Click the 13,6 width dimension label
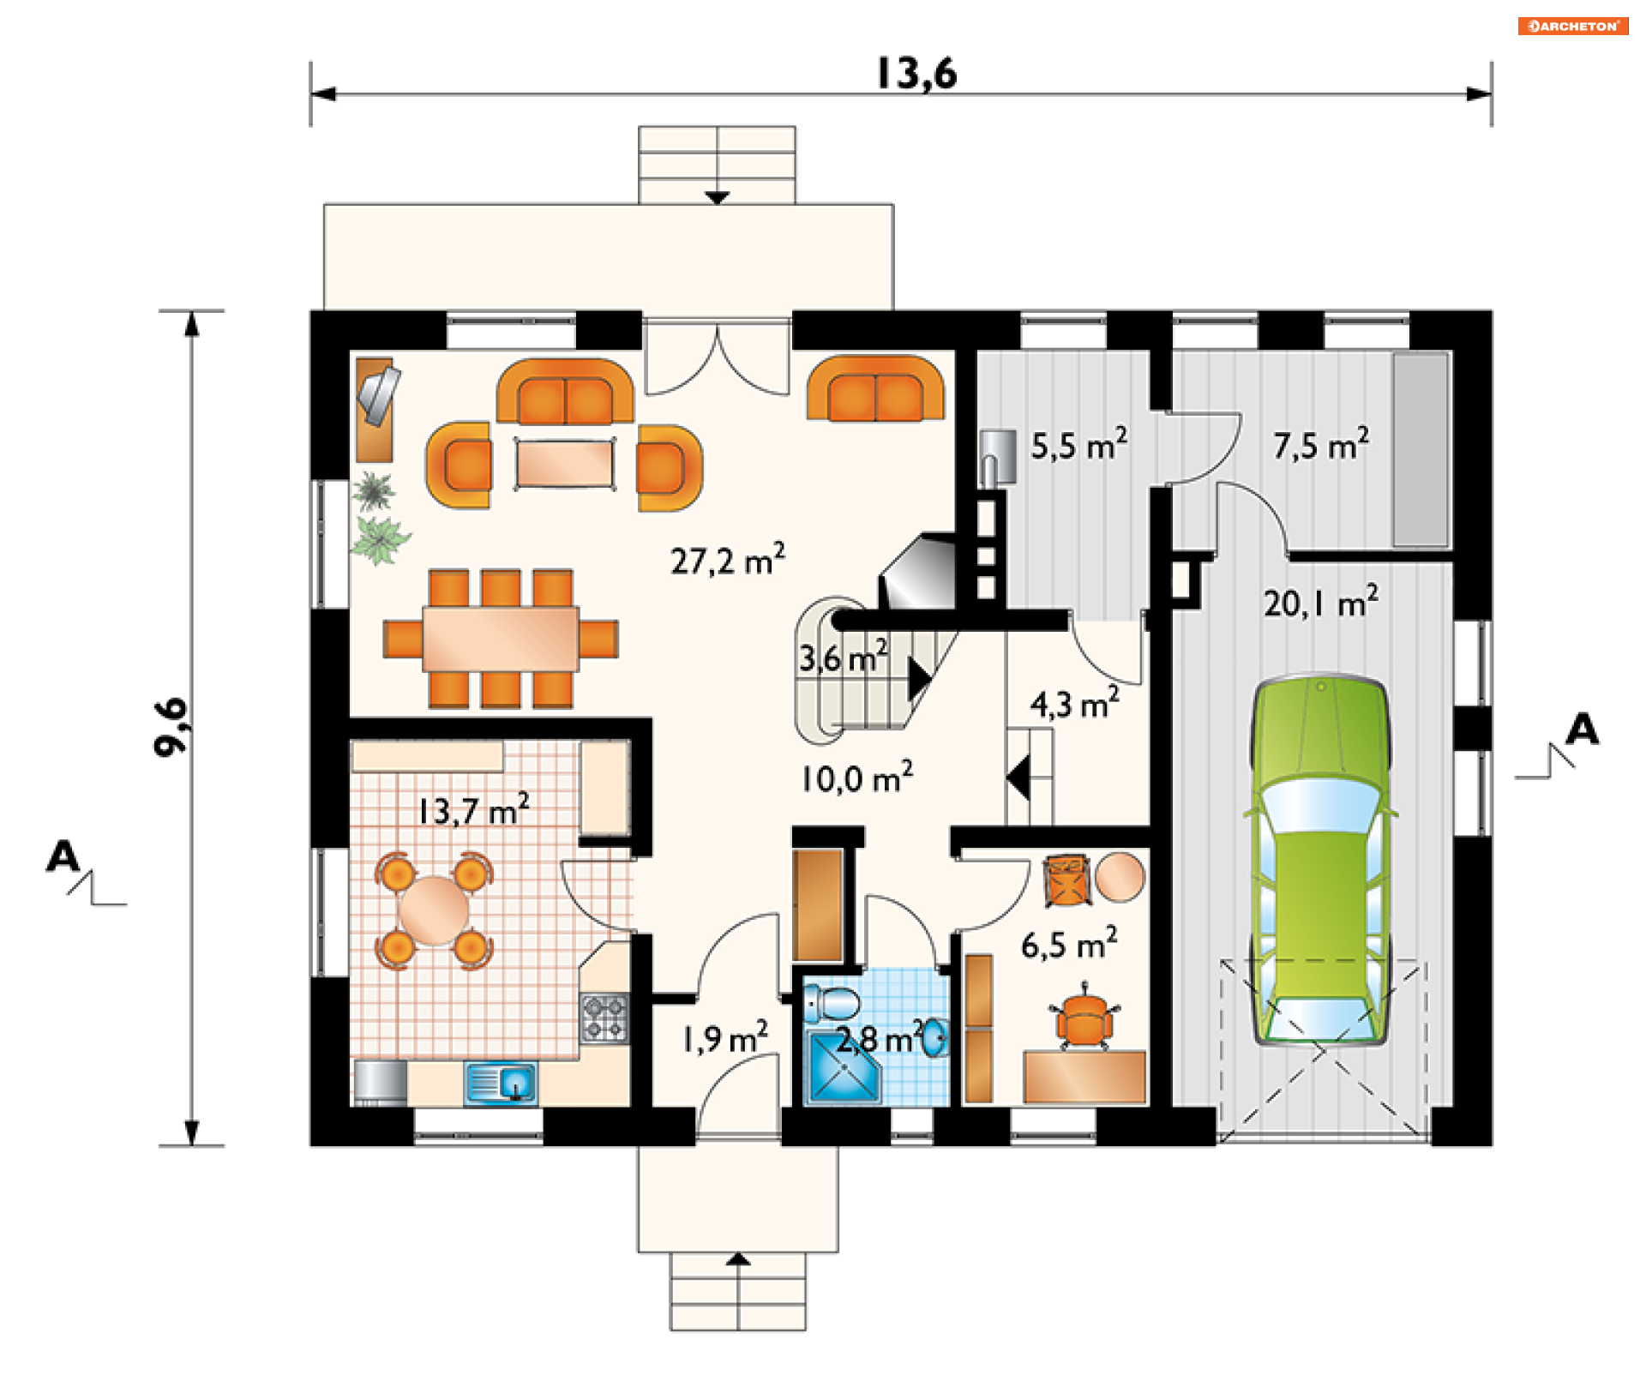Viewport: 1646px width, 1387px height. pos(916,74)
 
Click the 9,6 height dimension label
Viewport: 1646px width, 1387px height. pos(171,727)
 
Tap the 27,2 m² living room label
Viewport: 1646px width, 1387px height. pos(728,560)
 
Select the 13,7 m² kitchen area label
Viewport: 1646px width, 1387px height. pos(474,809)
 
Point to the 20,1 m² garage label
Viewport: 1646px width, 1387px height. pos(1321,602)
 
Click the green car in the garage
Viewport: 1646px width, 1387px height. pos(1320,860)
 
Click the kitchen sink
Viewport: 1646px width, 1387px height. pos(501,1083)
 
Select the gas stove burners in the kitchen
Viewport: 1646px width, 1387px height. pos(604,1018)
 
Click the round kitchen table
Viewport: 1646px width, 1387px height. pos(434,910)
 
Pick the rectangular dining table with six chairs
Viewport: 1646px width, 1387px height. pos(501,639)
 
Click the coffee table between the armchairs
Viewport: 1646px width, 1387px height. pos(565,464)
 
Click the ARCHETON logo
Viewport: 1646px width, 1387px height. pos(1573,26)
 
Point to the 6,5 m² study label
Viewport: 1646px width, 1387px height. pos(1069,944)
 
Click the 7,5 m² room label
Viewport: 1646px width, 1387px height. pos(1320,445)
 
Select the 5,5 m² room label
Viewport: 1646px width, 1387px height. pos(1079,445)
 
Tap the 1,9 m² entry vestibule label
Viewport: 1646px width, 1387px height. pos(725,1038)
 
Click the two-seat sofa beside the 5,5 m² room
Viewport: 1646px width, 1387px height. pos(875,389)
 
